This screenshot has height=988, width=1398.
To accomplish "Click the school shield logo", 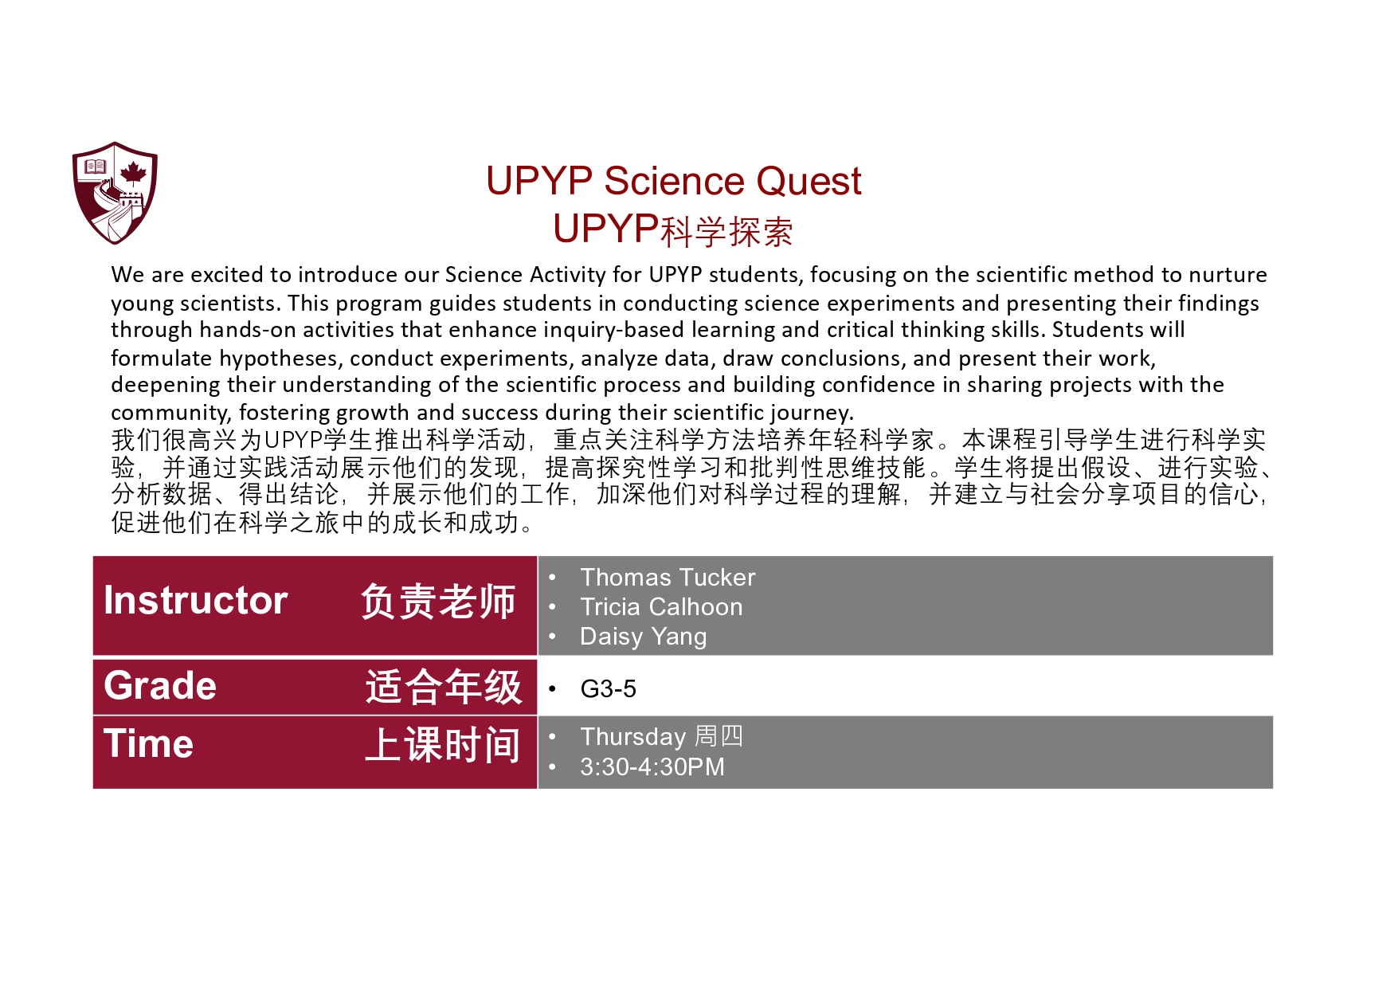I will point(115,192).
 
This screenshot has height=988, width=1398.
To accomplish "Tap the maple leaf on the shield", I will point(133,172).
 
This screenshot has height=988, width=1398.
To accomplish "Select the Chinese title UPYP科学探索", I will point(672,230).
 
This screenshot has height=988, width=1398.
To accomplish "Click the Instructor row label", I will point(195,601).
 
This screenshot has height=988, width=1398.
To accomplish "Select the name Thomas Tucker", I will point(668,578).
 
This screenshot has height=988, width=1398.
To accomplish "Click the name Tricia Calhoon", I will point(661,607).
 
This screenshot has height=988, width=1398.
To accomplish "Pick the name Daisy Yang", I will point(643,637).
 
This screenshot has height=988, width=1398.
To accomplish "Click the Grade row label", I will point(160,686).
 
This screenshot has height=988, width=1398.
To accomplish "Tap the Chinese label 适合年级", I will point(443,687).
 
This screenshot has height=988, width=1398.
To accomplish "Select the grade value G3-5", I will point(608,689).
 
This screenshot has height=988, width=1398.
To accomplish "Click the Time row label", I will point(149,744).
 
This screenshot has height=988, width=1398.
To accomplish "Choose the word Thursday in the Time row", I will point(632,737).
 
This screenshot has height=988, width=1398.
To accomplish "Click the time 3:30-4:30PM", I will point(652,767).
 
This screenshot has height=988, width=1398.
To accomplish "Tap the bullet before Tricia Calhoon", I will point(552,607).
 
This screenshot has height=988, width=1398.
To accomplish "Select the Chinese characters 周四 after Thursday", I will point(719,737).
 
